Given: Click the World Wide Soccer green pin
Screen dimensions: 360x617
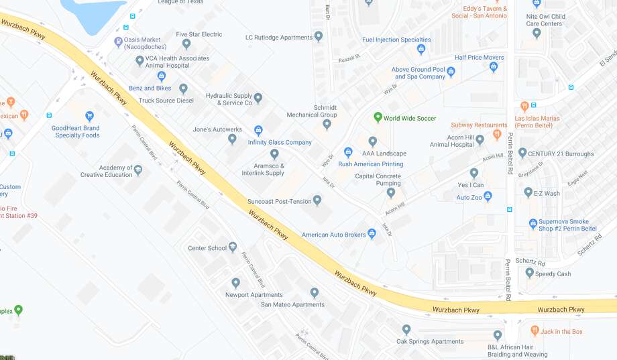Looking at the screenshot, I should (378, 118).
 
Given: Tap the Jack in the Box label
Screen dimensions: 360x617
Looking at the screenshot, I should (561, 331).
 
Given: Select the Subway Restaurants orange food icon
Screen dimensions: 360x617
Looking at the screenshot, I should (497, 135).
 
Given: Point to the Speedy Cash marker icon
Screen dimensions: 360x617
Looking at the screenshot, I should (529, 273).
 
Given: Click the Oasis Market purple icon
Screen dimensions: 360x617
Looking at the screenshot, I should (118, 42).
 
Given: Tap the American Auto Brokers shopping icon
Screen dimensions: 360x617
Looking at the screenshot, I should (372, 233).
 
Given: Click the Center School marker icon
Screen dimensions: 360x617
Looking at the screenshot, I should (233, 247).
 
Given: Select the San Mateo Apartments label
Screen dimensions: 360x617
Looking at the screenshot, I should (292, 304).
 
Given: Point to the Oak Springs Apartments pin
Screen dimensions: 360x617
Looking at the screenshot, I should (406, 329).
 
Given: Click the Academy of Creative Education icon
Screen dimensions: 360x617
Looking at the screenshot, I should (138, 170).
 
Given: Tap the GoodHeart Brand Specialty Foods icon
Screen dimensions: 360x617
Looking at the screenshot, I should (89, 117).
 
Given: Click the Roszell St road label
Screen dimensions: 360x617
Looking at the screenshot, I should (349, 57).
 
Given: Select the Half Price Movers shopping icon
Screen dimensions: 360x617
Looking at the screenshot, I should (494, 67).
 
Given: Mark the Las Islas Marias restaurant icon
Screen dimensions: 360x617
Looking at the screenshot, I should (524, 106).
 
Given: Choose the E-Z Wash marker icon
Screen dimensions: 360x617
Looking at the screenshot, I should (528, 192).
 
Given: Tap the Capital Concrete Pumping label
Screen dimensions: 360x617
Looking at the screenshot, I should (378, 180).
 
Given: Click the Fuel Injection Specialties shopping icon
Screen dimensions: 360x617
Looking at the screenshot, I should (421, 49).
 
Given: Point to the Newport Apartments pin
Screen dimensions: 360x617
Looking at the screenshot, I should (235, 283).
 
